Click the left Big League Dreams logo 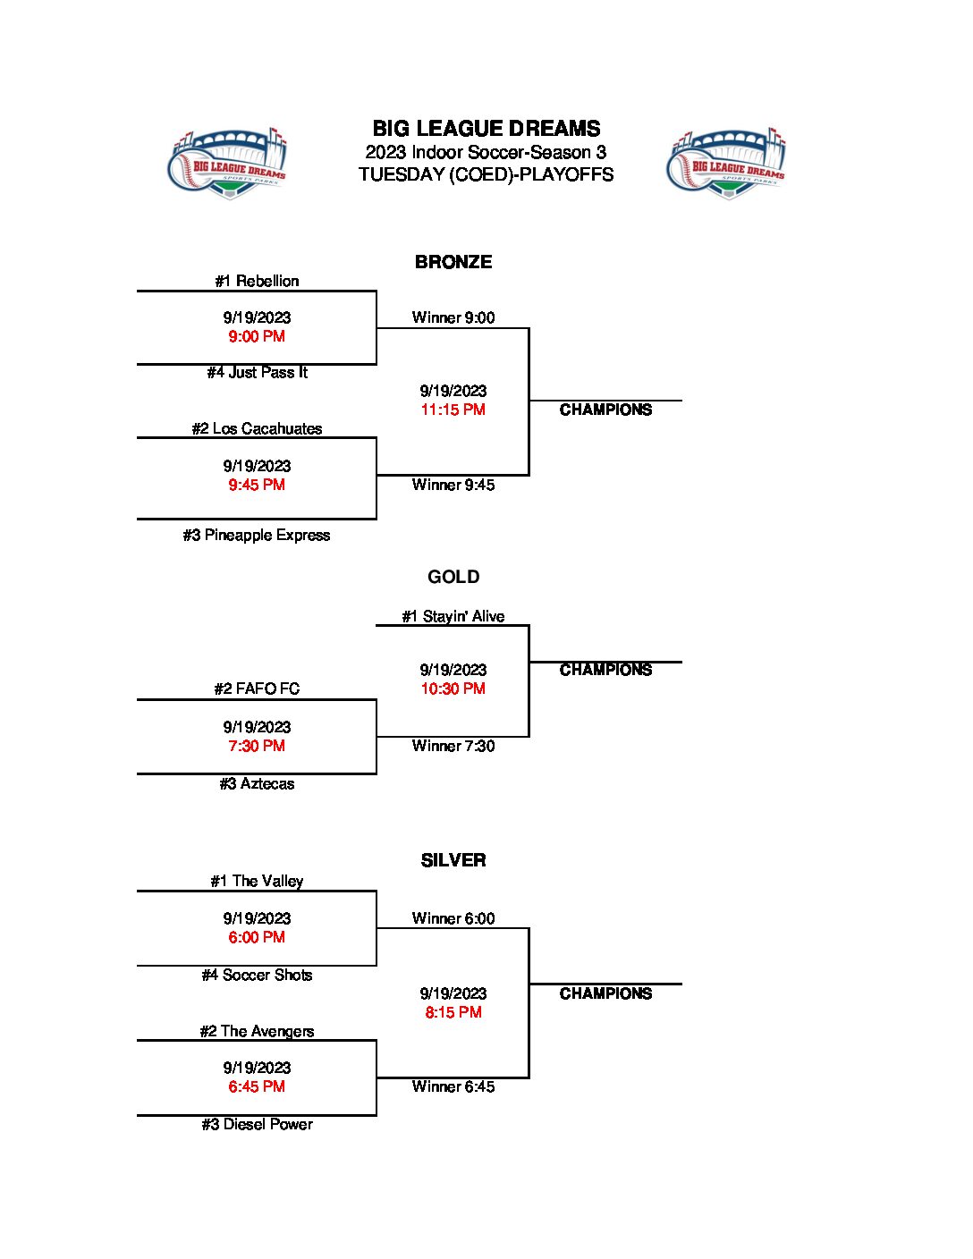click(x=228, y=163)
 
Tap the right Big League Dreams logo click(x=726, y=163)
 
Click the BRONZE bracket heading click(x=453, y=262)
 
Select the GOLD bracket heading click(x=453, y=577)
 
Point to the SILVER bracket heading click(x=453, y=860)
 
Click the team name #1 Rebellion click(x=257, y=281)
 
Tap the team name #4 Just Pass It click(x=257, y=372)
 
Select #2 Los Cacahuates click(x=257, y=428)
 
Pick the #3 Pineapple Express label click(x=257, y=535)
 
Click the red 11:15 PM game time click(x=453, y=410)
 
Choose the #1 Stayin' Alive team click(x=453, y=616)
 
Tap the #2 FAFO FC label click(x=257, y=689)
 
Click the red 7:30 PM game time click(x=257, y=746)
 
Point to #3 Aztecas click(x=257, y=783)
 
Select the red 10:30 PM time click(x=453, y=689)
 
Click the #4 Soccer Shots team click(x=257, y=975)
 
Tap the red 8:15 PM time click(x=453, y=1012)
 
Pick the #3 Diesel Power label click(x=257, y=1124)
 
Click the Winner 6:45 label click(x=453, y=1086)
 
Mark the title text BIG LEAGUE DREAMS click(x=486, y=129)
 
